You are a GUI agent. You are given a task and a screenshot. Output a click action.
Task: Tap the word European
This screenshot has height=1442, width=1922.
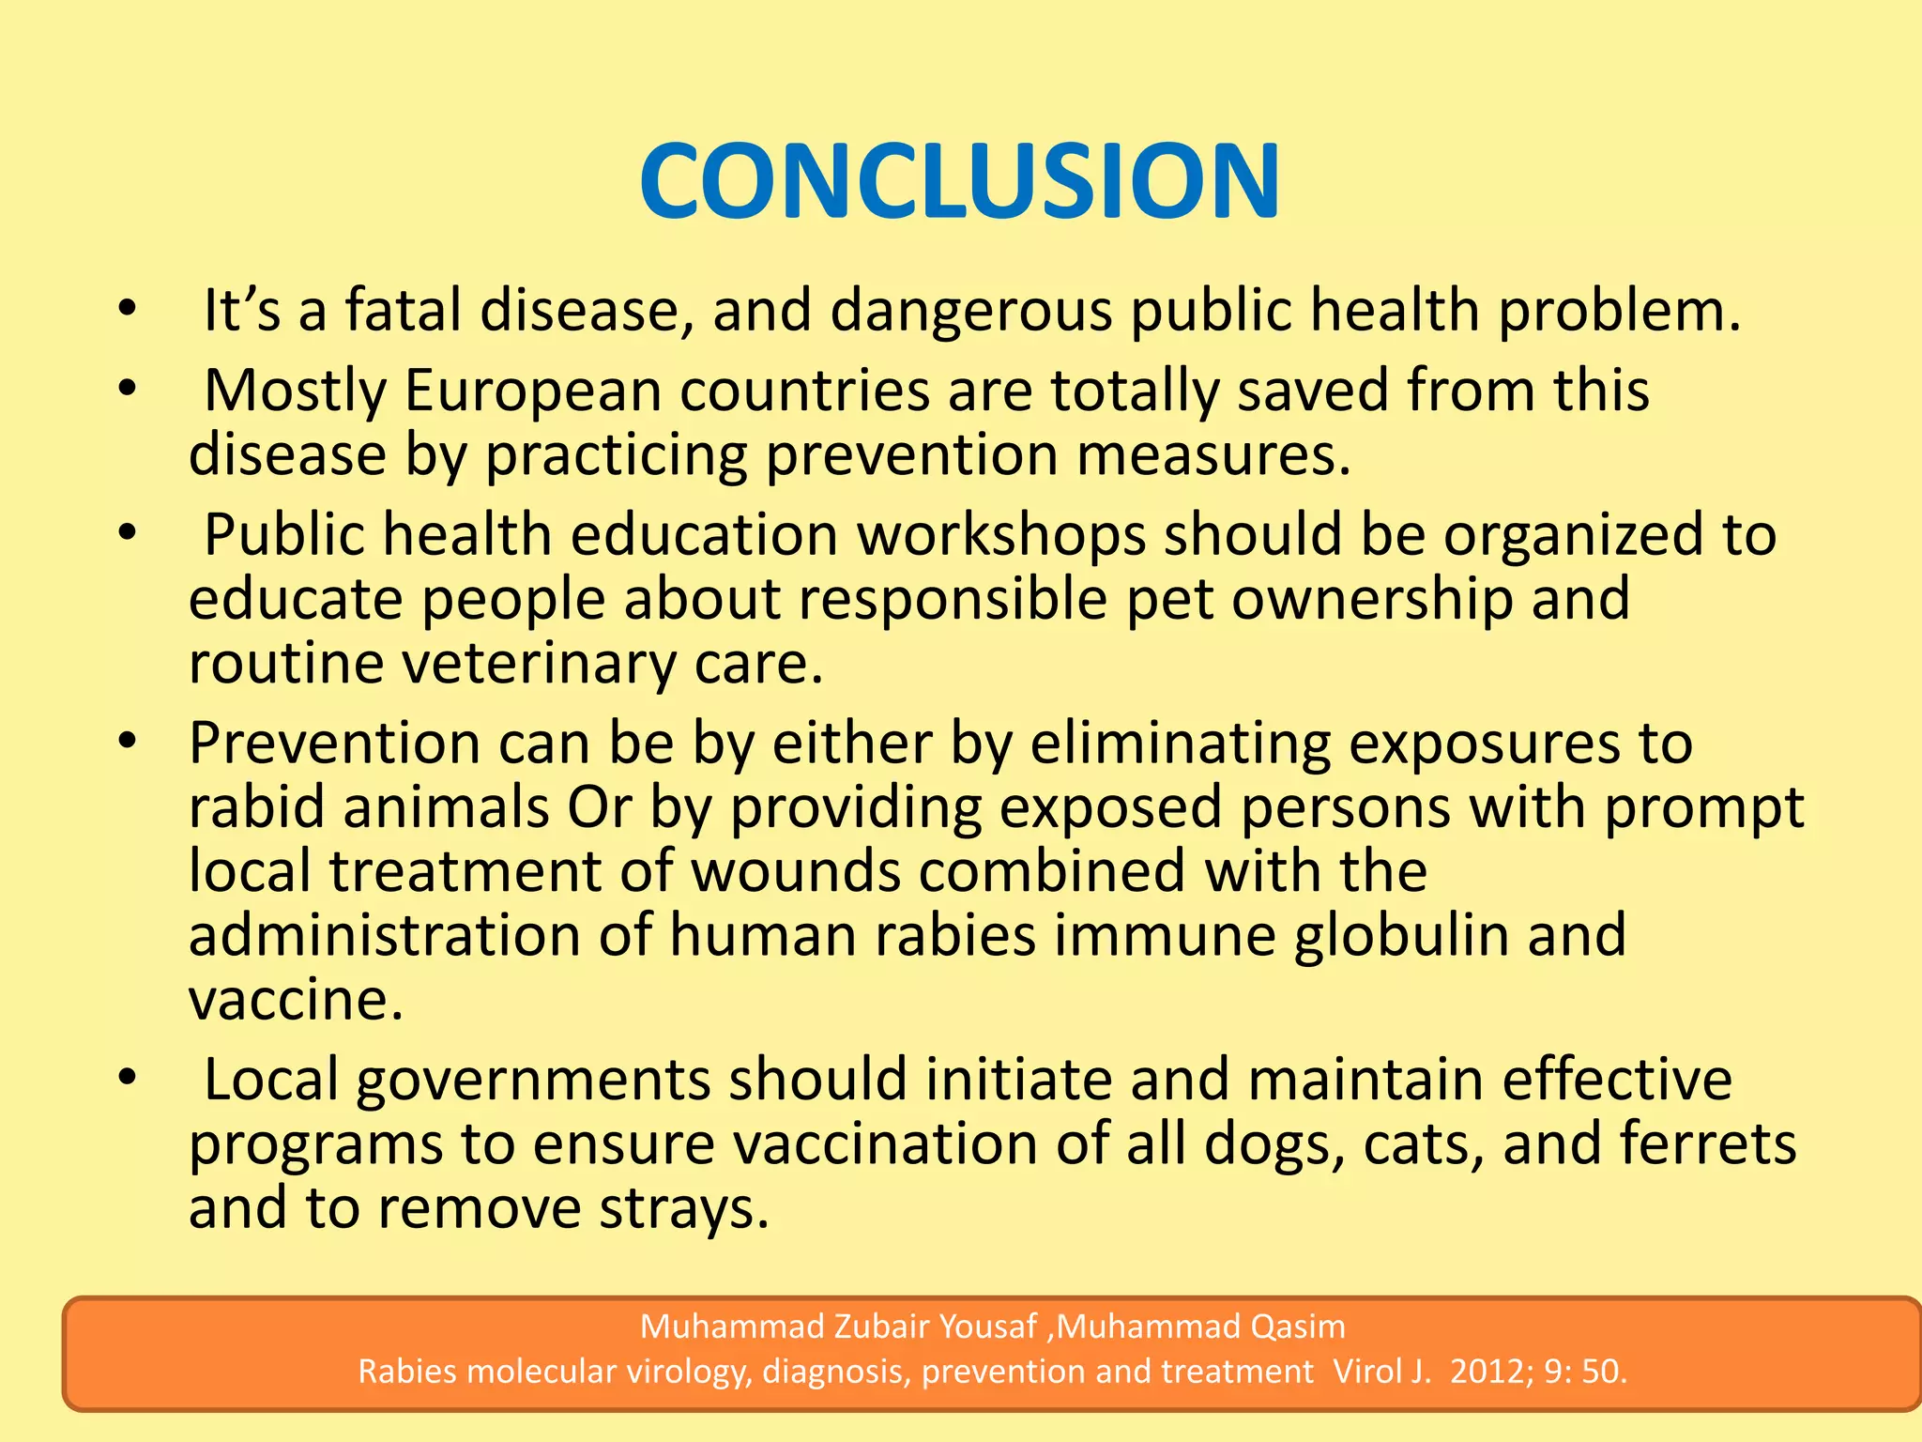click(x=533, y=391)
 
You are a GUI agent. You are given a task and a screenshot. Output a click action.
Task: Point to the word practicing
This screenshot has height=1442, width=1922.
click(x=616, y=455)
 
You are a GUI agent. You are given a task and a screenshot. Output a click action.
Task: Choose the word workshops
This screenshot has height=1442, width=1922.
click(x=1001, y=535)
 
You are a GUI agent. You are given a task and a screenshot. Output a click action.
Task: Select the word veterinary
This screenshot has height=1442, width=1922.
click(x=539, y=664)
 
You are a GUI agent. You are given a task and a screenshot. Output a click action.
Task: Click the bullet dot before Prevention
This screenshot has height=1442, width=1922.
click(x=128, y=742)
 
